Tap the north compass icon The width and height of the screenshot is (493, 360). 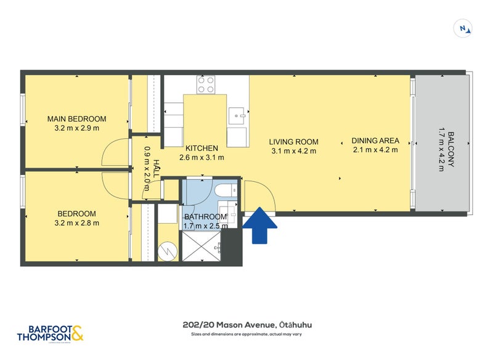[462, 28]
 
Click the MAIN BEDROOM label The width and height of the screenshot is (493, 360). [77, 119]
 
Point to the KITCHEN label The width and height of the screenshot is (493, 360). [202, 148]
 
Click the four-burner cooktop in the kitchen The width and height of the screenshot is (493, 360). [206, 84]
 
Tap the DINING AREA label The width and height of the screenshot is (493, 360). [375, 140]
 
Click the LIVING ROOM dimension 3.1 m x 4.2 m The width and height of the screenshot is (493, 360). [293, 150]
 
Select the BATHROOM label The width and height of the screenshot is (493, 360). [205, 216]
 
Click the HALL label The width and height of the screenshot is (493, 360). [156, 169]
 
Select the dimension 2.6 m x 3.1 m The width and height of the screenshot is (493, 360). [202, 157]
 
